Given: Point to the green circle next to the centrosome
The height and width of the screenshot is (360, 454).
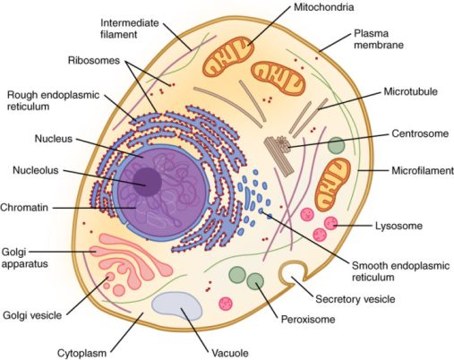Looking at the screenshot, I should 335,145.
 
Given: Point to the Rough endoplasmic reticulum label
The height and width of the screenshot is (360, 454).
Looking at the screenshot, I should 43,99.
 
